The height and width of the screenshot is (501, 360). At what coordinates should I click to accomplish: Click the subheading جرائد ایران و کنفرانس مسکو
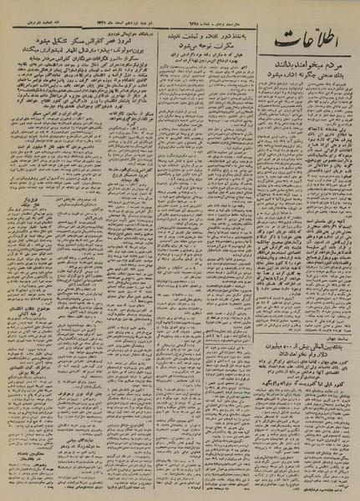tap(84, 134)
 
